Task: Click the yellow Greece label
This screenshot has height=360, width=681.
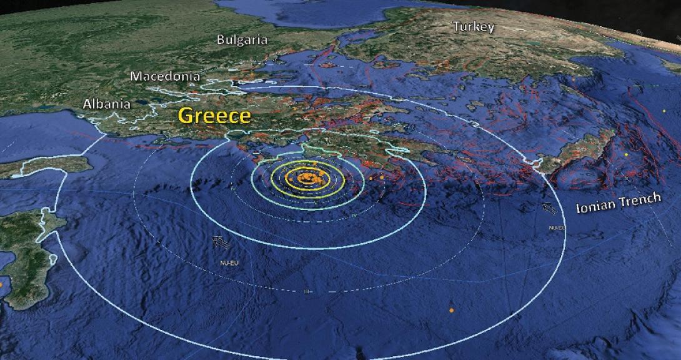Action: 215,116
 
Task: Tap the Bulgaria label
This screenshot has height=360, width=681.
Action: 242,40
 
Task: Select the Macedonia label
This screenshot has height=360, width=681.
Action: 165,76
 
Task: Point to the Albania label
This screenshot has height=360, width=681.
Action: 107,104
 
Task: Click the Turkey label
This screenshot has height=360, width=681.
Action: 473,27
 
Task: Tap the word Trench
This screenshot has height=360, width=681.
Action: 640,199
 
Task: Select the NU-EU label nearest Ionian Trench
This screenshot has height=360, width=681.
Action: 557,228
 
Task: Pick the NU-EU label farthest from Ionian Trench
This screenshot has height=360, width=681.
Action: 229,262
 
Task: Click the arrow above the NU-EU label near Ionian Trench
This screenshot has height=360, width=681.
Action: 550,209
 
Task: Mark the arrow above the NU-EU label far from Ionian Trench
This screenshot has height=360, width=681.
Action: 219,241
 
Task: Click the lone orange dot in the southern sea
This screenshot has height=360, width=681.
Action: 451,310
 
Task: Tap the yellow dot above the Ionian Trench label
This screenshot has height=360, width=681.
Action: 626,154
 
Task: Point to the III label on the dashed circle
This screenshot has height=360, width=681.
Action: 308,291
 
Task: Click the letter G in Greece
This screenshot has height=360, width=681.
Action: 186,116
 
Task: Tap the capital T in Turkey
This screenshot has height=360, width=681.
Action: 457,27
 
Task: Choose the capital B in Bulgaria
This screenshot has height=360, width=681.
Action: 221,40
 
